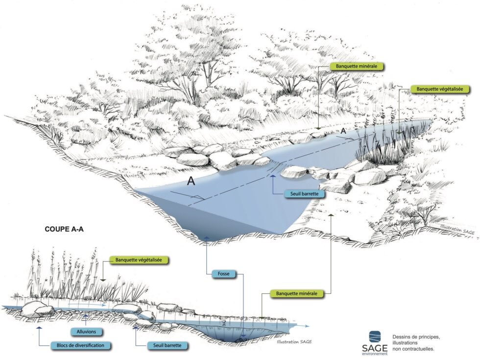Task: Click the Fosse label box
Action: click(223, 274)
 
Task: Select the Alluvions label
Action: click(86, 332)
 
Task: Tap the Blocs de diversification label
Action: click(80, 345)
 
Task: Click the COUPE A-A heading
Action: click(64, 229)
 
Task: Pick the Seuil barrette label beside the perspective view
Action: click(304, 194)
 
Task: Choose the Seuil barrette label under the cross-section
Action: click(167, 345)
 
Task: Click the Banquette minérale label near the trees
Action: click(357, 66)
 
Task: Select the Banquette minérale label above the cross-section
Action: click(297, 293)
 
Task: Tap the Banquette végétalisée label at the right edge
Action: click(440, 89)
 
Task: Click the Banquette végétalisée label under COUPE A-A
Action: click(139, 260)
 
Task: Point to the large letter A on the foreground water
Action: click(191, 181)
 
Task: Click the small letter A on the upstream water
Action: click(343, 131)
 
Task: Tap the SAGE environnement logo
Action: click(375, 342)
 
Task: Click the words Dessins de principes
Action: click(416, 337)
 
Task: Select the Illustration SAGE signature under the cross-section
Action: click(294, 342)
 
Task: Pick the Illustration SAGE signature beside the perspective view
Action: click(457, 230)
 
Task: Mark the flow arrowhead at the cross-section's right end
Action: click(307, 326)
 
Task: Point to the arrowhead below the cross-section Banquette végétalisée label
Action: click(103, 280)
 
